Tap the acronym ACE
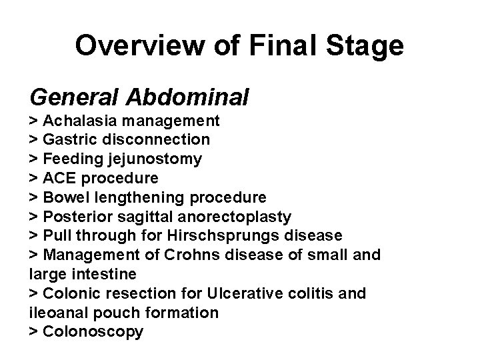(x=58, y=179)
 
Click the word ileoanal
(x=55, y=313)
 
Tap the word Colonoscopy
(x=93, y=332)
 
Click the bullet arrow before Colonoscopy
(x=33, y=332)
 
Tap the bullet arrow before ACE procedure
(x=33, y=179)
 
